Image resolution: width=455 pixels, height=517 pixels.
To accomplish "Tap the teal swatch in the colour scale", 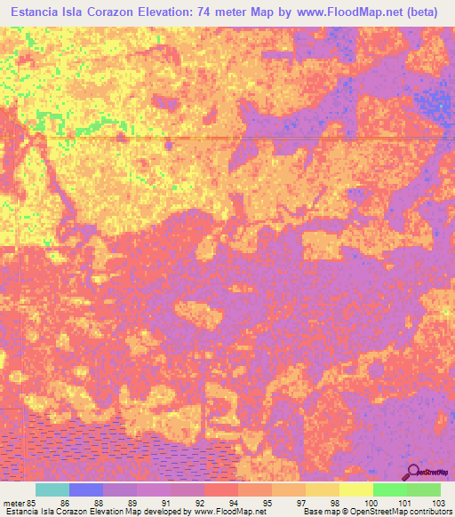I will tap(52, 489).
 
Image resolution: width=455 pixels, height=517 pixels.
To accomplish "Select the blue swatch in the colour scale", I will tap(85, 489).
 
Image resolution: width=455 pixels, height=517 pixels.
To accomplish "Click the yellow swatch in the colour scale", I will tap(355, 489).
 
